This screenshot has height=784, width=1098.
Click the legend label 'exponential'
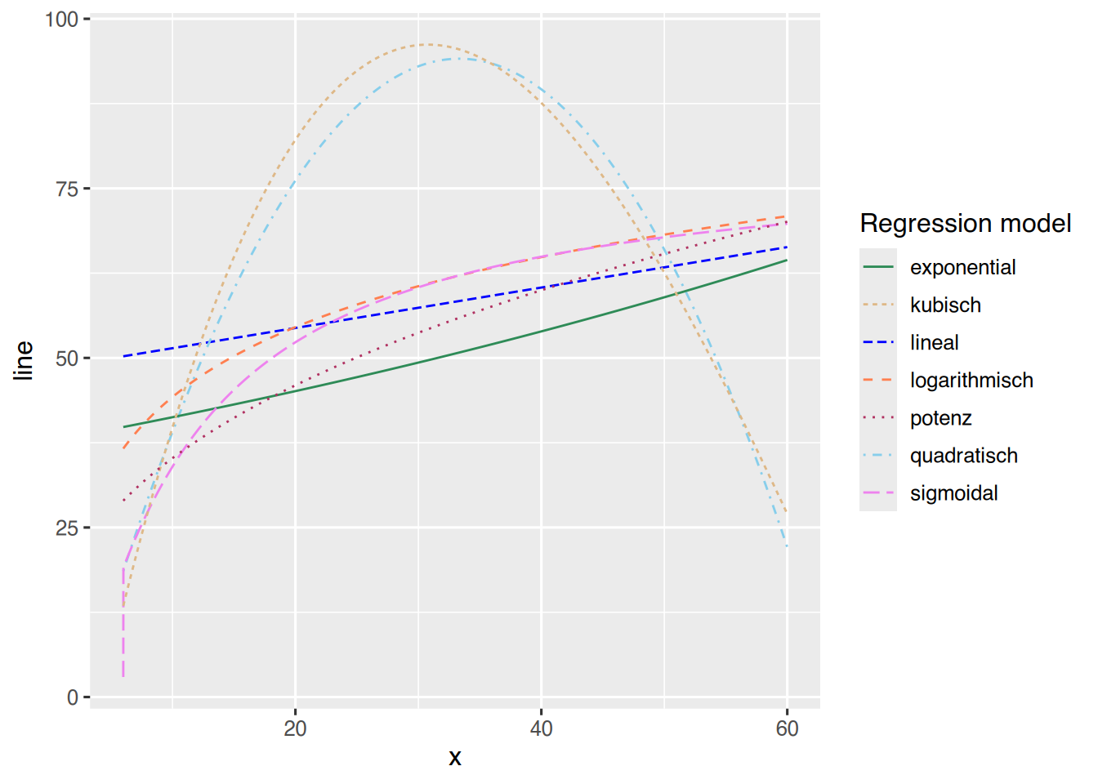(962, 267)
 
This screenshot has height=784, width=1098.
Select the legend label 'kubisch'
(945, 305)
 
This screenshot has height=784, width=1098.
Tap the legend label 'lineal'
(934, 342)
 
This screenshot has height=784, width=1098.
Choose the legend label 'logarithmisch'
(971, 380)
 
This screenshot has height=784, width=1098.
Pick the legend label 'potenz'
(940, 418)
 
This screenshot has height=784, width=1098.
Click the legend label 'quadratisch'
(963, 456)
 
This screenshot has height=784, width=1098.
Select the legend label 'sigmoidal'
(953, 493)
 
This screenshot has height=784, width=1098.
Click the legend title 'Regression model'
(965, 223)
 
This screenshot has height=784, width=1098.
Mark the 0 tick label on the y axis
(73, 697)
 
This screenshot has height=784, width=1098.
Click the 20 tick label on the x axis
(295, 728)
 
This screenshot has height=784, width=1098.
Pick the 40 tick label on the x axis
(541, 728)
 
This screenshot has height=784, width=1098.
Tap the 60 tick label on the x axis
(787, 728)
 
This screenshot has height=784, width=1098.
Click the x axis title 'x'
(455, 758)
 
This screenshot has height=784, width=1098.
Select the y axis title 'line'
(24, 359)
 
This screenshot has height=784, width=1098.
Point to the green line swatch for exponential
(878, 267)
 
